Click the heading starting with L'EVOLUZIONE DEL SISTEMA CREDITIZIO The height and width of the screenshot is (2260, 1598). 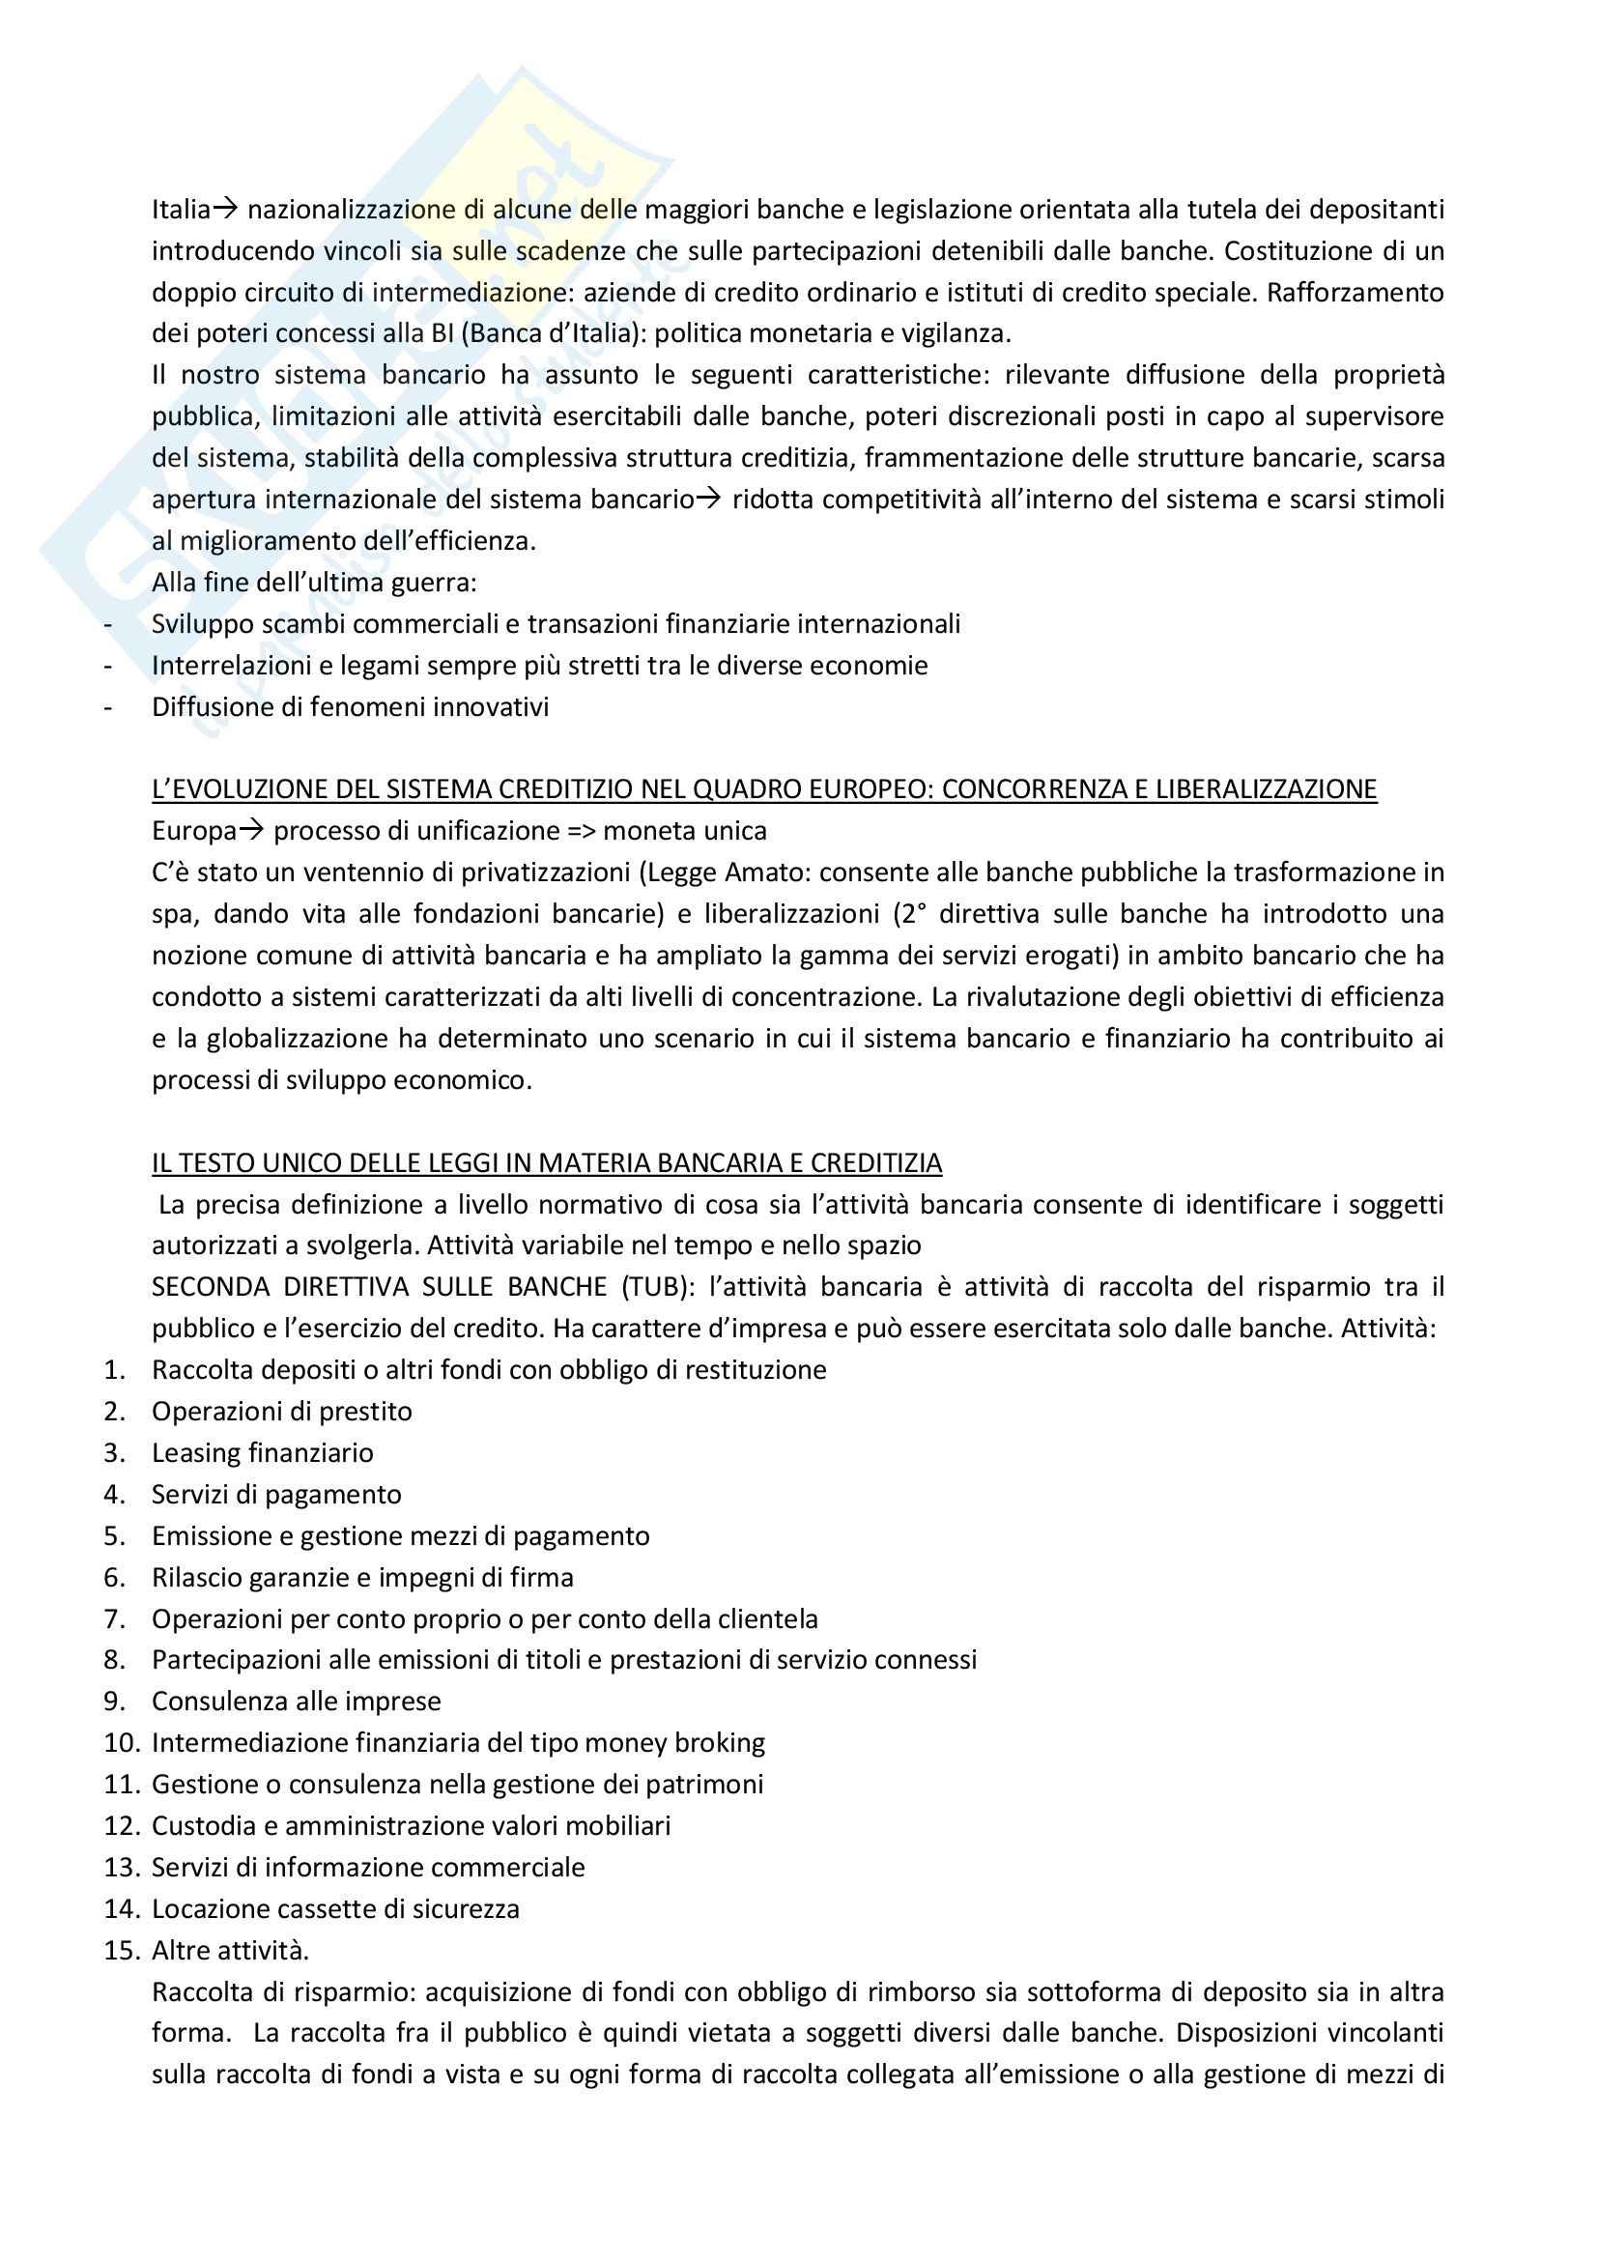pyautogui.click(x=763, y=789)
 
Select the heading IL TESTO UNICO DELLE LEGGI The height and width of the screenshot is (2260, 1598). pyautogui.click(x=546, y=1162)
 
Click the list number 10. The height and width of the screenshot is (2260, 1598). pyautogui.click(x=122, y=1743)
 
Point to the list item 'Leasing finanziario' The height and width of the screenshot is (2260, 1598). pyautogui.click(x=262, y=1453)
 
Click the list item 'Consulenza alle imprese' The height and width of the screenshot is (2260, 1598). pyautogui.click(x=296, y=1702)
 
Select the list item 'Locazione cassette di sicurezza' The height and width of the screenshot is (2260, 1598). pyautogui.click(x=334, y=1908)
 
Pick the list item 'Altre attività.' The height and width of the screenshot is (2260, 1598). pyautogui.click(x=230, y=1950)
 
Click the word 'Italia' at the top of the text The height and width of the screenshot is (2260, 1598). pyautogui.click(x=181, y=210)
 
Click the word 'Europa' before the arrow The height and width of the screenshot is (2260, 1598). pyautogui.click(x=194, y=831)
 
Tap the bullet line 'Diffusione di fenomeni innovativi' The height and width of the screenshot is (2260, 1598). pyautogui.click(x=350, y=706)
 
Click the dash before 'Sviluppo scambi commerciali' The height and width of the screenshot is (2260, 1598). pyautogui.click(x=108, y=624)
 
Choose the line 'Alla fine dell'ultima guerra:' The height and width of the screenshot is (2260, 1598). pyautogui.click(x=314, y=583)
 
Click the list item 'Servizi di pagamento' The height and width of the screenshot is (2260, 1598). pyautogui.click(x=276, y=1494)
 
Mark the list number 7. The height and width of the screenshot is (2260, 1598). pyautogui.click(x=114, y=1619)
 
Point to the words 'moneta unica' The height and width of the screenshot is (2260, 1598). pyautogui.click(x=685, y=831)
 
